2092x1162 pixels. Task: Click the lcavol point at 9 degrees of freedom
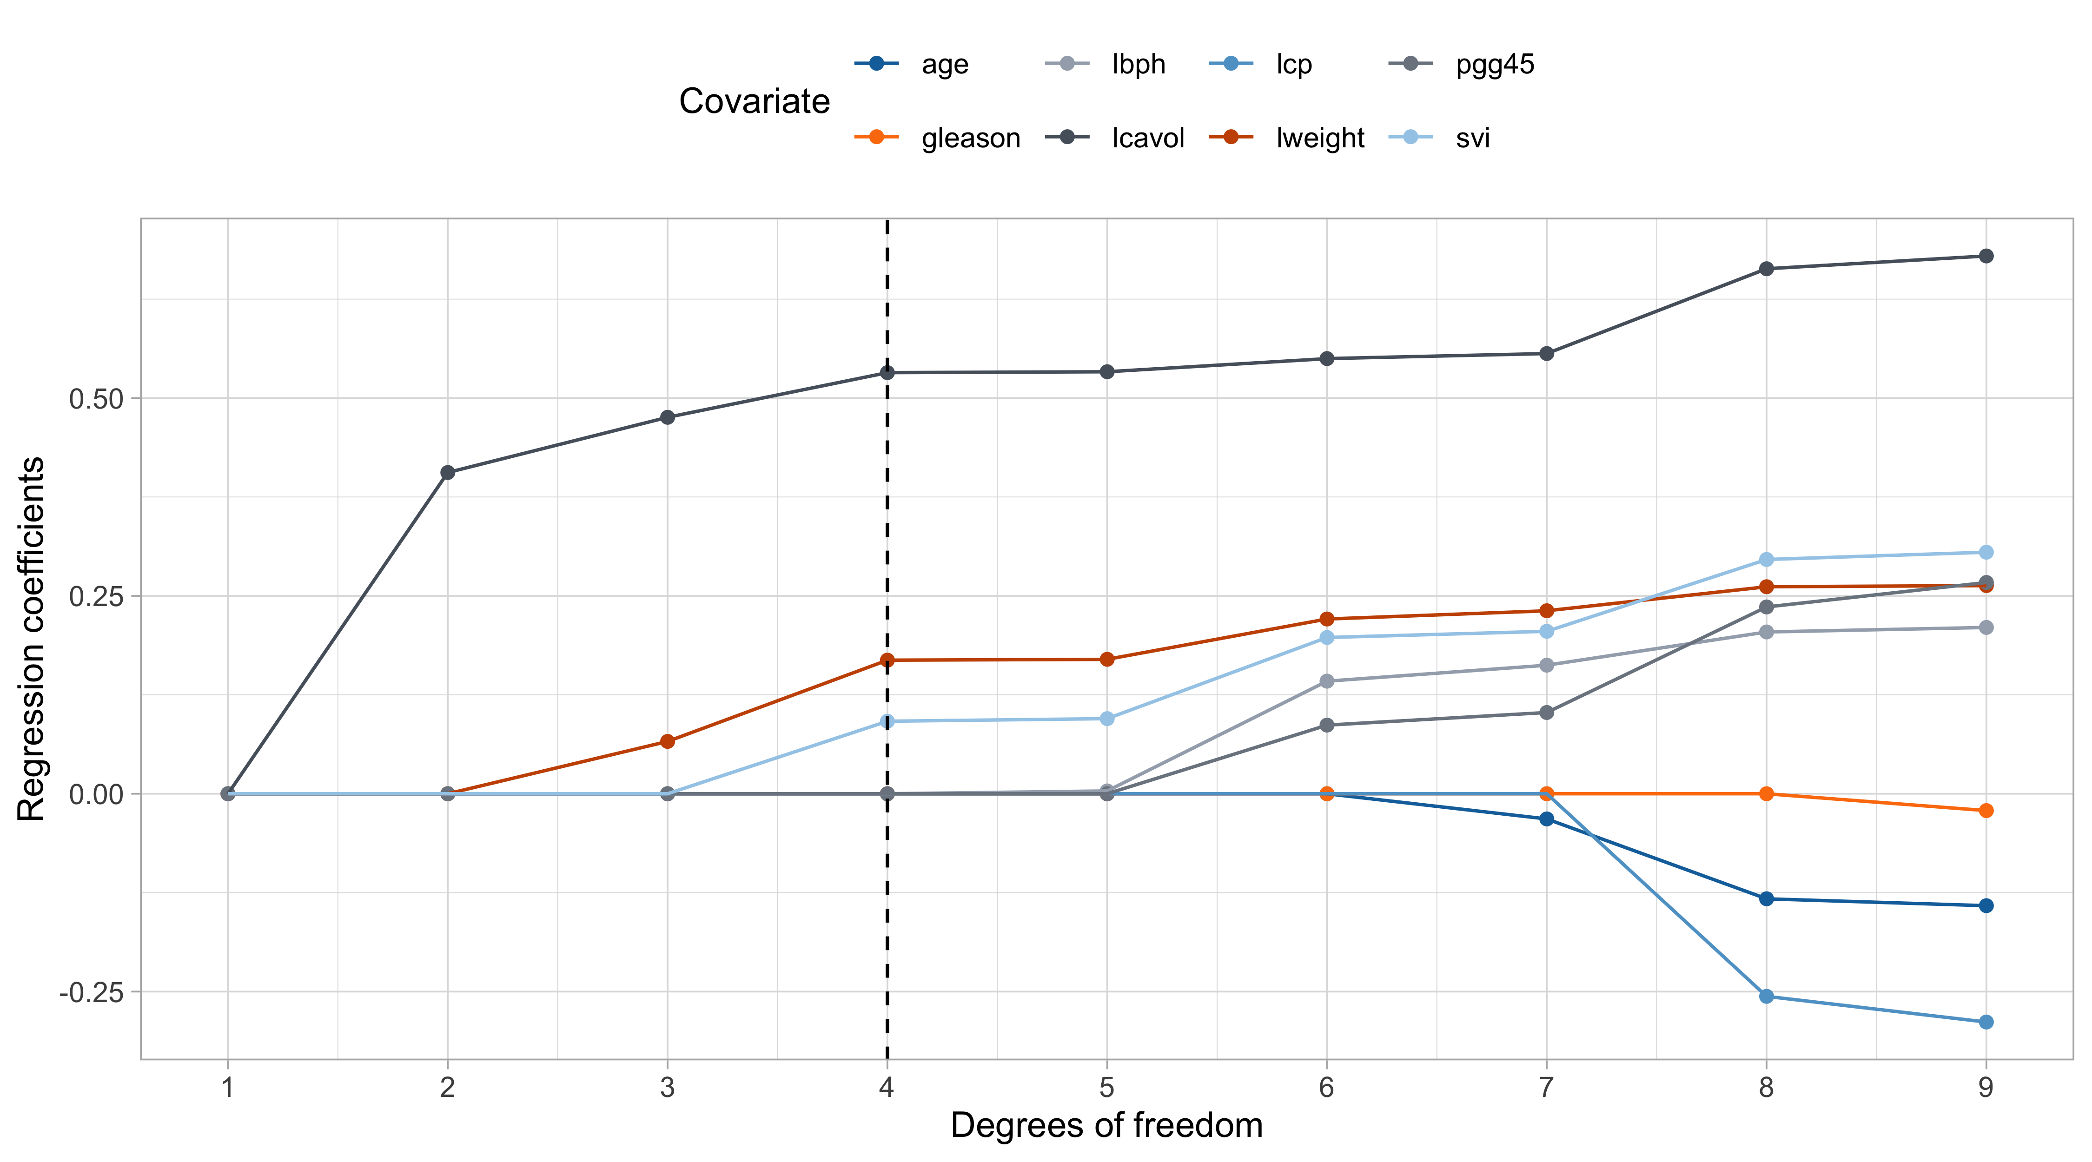point(1986,256)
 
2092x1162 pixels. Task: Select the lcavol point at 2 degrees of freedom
point(448,473)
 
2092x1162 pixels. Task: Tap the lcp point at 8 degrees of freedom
point(1766,997)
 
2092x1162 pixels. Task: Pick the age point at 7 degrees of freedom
point(1546,819)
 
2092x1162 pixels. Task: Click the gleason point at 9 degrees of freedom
point(1986,811)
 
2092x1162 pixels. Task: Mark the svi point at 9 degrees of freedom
point(1986,552)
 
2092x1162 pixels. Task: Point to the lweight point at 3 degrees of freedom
point(668,741)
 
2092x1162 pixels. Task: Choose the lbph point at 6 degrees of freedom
point(1327,681)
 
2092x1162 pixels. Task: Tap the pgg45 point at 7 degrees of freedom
point(1546,712)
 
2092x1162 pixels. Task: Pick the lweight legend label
point(1320,138)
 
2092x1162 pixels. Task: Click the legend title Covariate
point(755,101)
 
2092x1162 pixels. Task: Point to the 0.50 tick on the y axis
point(96,399)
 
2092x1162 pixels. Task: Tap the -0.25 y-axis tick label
point(91,992)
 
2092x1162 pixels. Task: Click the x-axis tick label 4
point(887,1087)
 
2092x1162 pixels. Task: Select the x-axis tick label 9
point(1986,1087)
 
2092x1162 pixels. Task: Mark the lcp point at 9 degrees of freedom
point(1986,1022)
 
